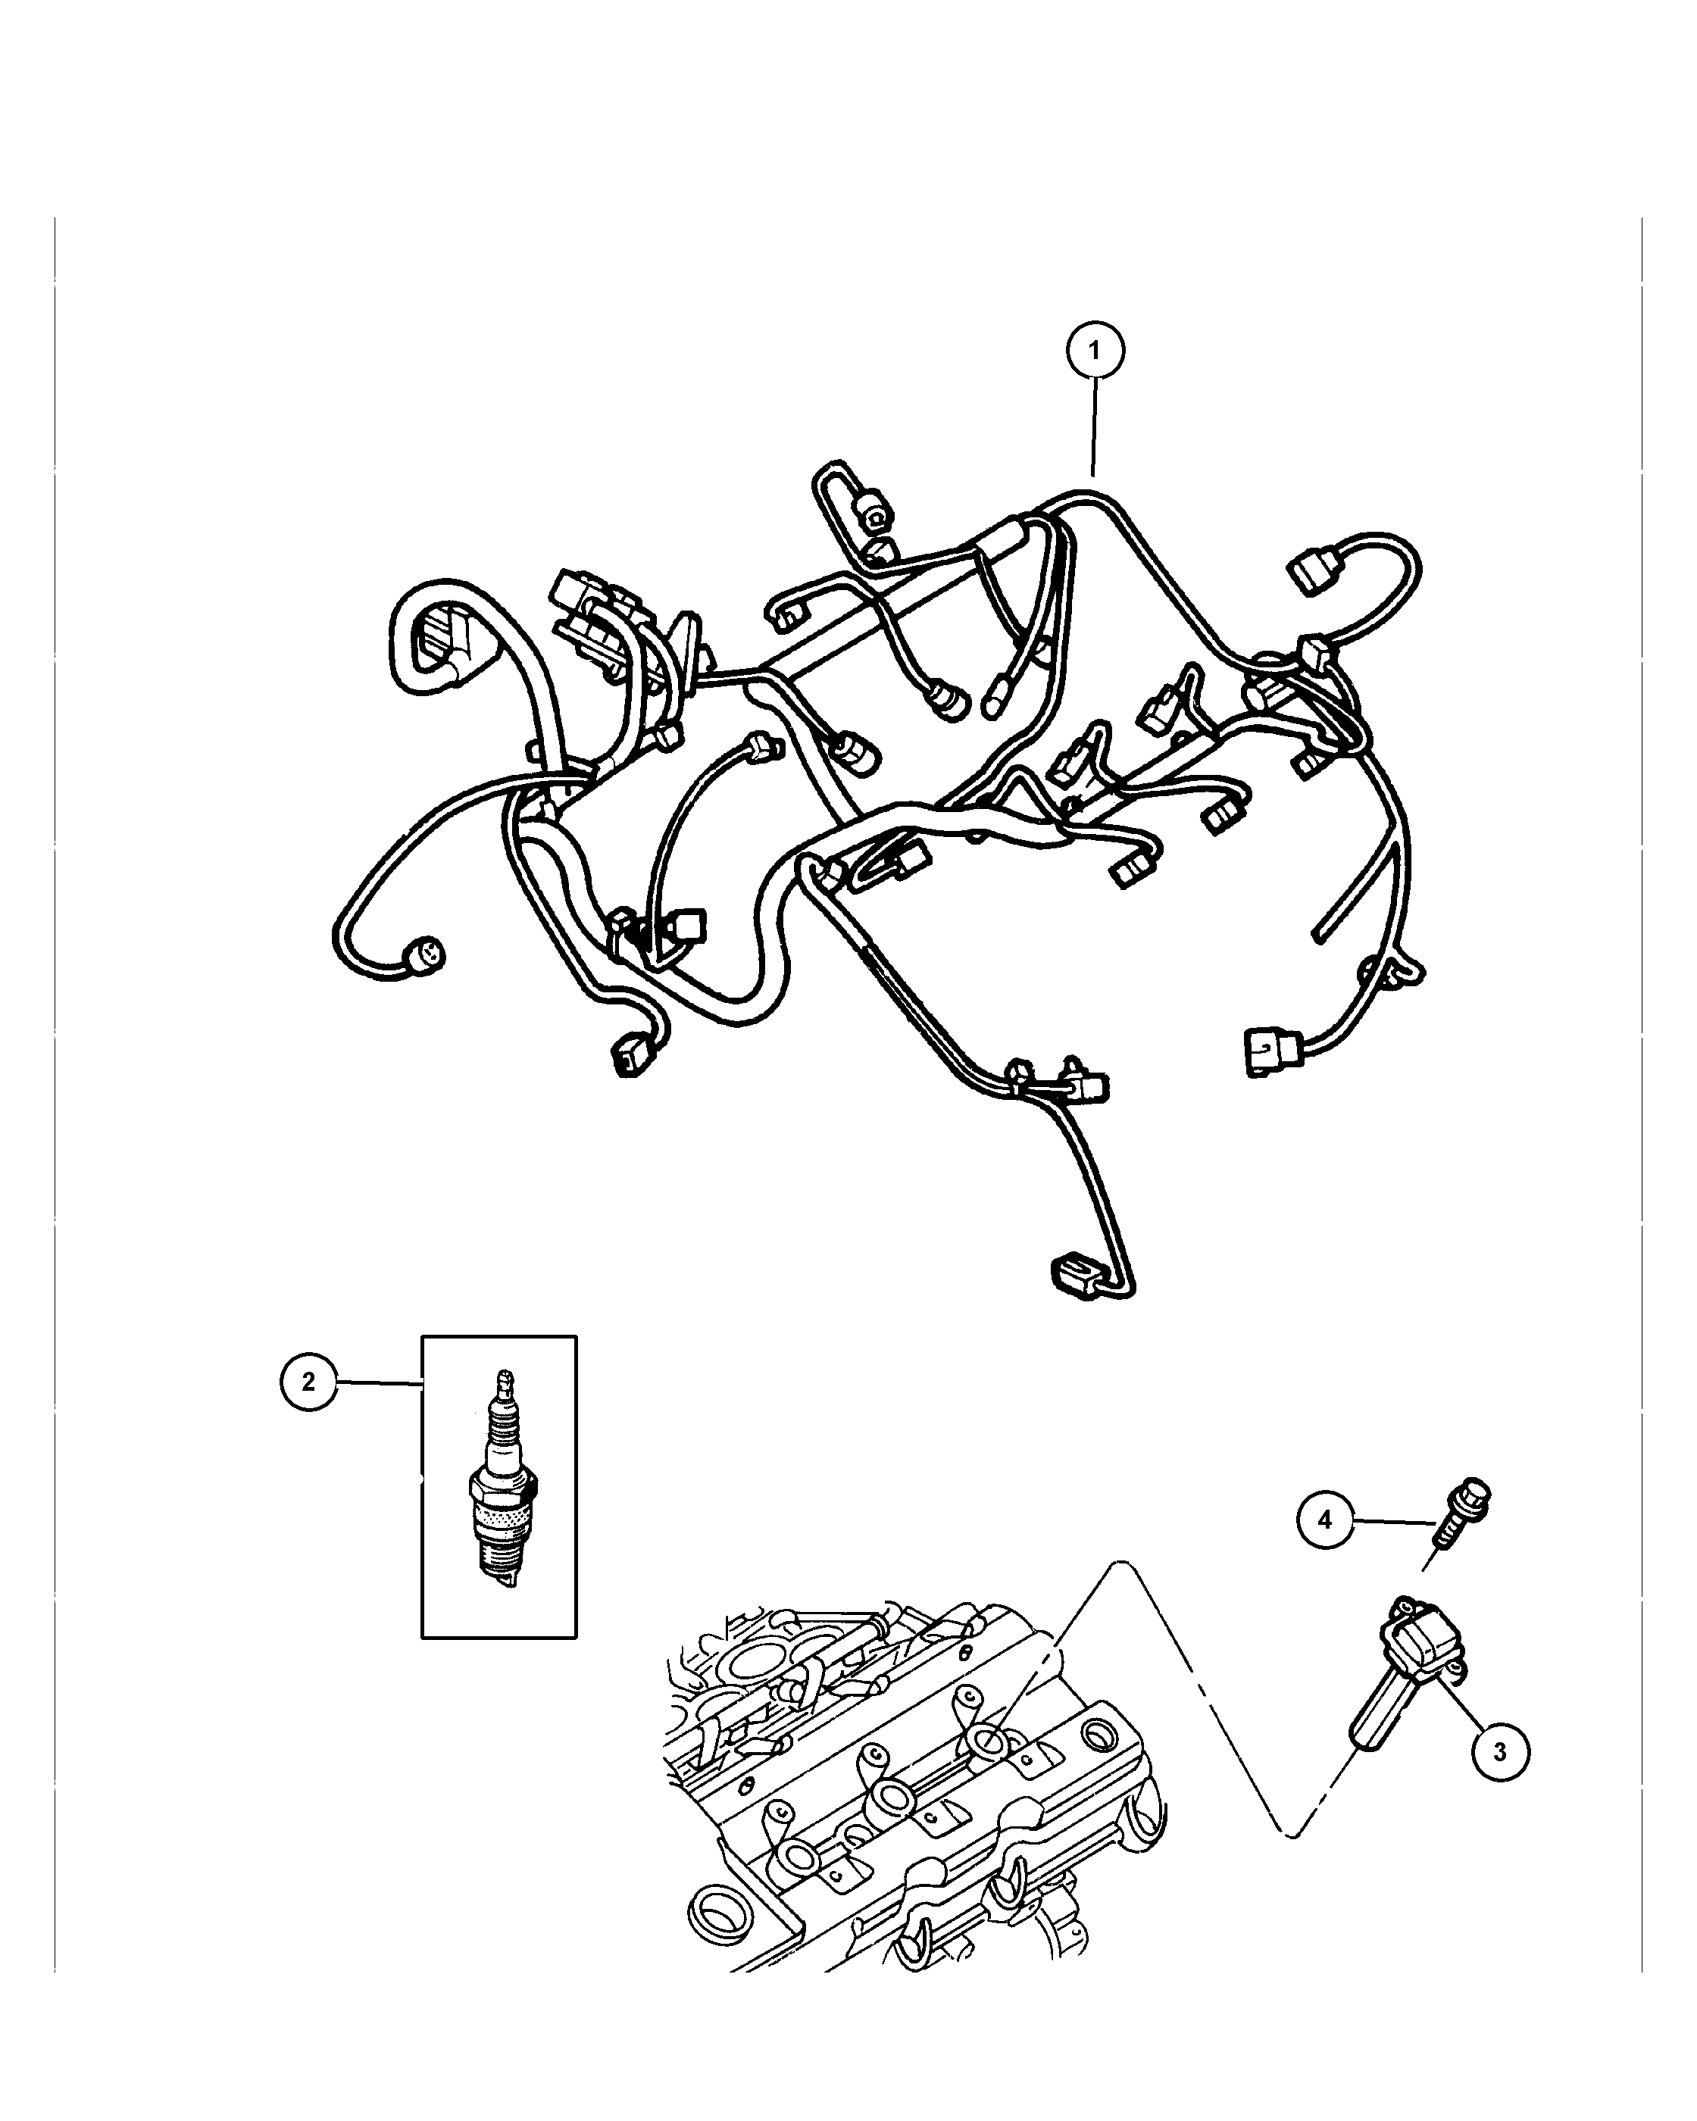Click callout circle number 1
[1095, 349]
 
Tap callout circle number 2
[309, 1382]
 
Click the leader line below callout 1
[1094, 428]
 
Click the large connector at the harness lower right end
[1271, 1051]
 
